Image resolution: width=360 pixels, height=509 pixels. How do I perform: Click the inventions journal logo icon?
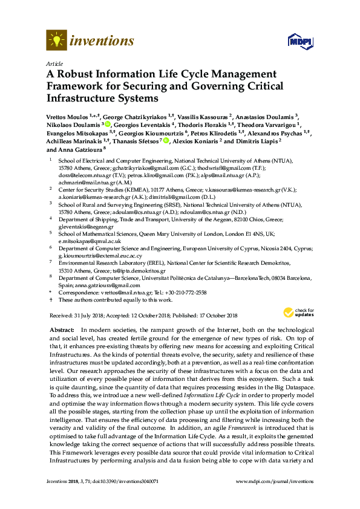click(56, 41)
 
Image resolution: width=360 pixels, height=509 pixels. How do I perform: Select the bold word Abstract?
click(61, 329)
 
